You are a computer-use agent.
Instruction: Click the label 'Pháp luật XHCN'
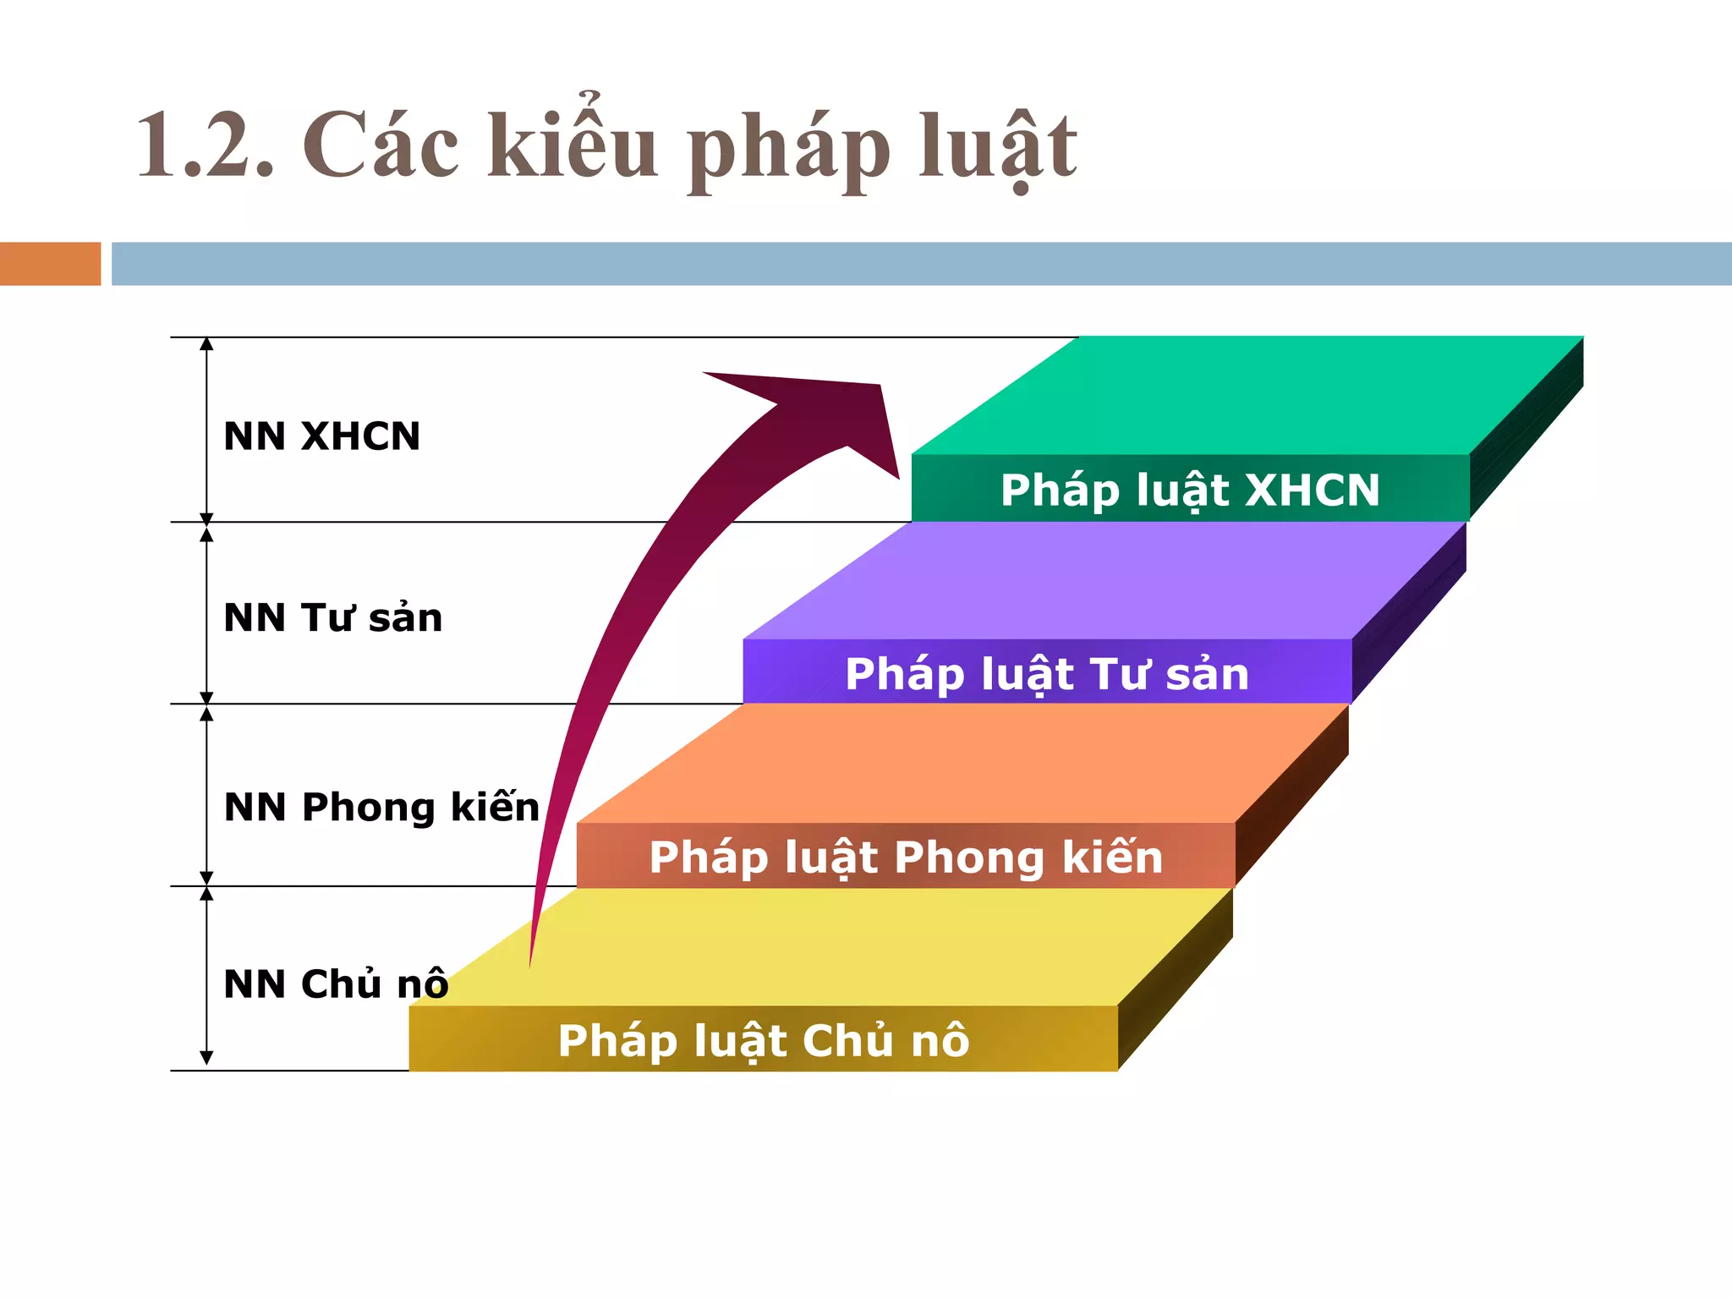click(1189, 491)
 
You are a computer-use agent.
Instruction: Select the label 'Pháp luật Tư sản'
click(1047, 674)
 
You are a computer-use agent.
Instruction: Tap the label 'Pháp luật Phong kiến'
click(906, 858)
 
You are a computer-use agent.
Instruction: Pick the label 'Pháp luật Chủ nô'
click(763, 1040)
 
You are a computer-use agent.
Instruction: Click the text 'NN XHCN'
click(321, 436)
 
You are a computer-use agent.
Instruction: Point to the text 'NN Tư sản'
click(332, 617)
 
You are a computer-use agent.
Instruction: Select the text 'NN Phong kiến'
click(381, 807)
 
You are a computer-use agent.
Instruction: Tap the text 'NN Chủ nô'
click(336, 984)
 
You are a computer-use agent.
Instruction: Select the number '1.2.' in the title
click(206, 145)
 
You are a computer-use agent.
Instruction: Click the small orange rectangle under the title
click(50, 264)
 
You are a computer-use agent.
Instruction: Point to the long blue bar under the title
click(920, 264)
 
